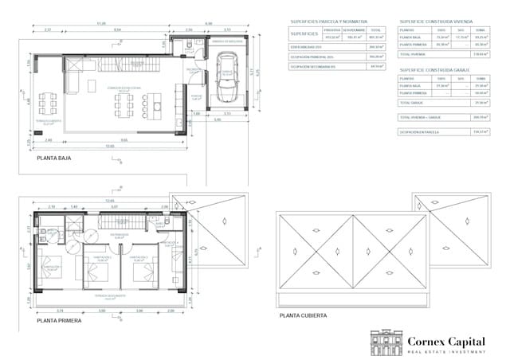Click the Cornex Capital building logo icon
[386, 341]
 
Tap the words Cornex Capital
[446, 340]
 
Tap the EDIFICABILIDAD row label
[306, 47]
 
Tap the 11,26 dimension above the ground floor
[101, 23]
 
